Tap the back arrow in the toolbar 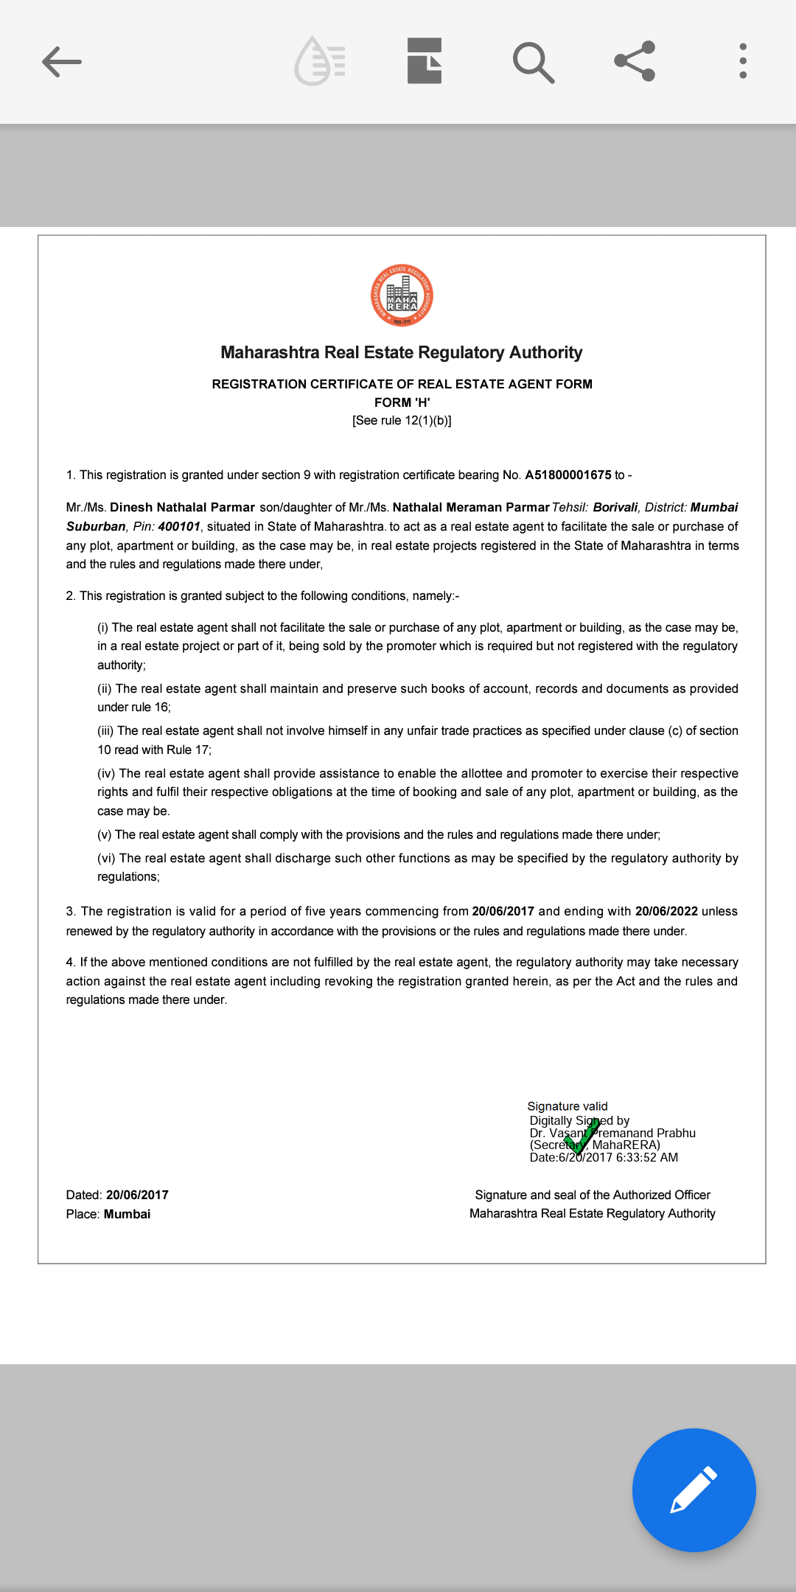click(62, 61)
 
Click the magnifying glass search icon click(533, 62)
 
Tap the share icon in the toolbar click(635, 61)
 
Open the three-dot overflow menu click(743, 61)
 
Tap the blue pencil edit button click(694, 1490)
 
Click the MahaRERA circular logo click(402, 296)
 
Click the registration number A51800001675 click(568, 475)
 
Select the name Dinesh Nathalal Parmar click(182, 508)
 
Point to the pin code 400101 click(179, 527)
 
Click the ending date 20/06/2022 click(666, 912)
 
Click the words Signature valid click(568, 1106)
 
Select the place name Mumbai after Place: click(127, 1215)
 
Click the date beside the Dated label click(137, 1195)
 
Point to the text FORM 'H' click(402, 402)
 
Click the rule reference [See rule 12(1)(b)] click(402, 421)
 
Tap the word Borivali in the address click(615, 508)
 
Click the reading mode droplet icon click(320, 61)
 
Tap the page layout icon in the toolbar click(425, 61)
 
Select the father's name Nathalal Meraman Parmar click(471, 508)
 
